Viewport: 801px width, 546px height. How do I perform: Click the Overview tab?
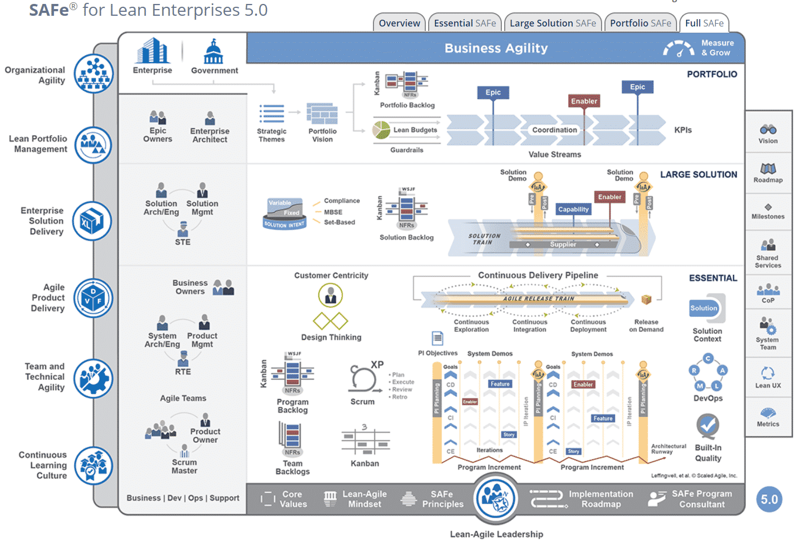[399, 23]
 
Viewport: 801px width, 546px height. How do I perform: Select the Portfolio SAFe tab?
[640, 23]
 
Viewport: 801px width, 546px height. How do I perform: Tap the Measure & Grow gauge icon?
[678, 48]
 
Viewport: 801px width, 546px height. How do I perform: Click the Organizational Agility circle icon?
[94, 74]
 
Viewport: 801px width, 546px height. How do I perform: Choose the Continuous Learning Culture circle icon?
[94, 465]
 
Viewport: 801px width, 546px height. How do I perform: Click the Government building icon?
[213, 52]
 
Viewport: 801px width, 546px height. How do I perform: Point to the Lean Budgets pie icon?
[381, 130]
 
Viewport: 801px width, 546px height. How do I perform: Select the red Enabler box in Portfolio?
[584, 101]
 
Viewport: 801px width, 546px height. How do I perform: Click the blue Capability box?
[573, 209]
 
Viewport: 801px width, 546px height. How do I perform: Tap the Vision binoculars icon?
[768, 130]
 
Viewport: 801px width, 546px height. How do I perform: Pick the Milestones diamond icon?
[768, 207]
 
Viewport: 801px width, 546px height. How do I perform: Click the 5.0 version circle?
[769, 499]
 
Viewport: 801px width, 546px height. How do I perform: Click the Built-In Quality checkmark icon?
[707, 426]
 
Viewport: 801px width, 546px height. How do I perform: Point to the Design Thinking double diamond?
[331, 321]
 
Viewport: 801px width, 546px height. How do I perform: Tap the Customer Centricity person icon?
[331, 295]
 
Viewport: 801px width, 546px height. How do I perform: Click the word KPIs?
[683, 130]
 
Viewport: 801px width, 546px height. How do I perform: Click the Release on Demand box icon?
[646, 299]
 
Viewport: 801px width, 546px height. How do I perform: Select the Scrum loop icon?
[362, 378]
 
